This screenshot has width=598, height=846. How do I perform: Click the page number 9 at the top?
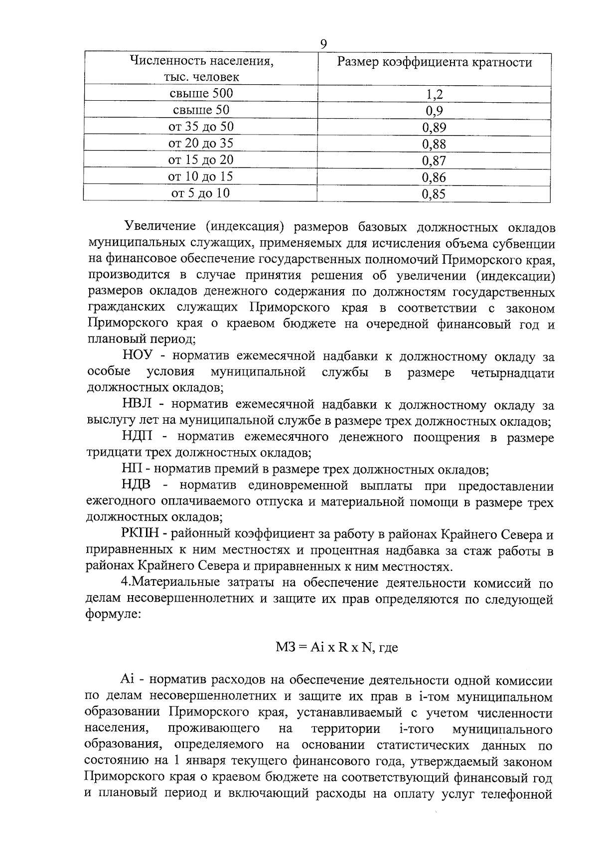[x=323, y=45]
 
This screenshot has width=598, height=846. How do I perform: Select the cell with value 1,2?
[x=434, y=94]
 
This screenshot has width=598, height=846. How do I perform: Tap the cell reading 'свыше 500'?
[x=201, y=93]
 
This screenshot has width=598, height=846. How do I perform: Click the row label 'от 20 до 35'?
[x=201, y=144]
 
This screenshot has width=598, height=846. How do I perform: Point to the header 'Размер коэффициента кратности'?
[x=435, y=62]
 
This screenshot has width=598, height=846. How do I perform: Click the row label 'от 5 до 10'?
[x=201, y=193]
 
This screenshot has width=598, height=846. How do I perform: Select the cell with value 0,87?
[x=434, y=161]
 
